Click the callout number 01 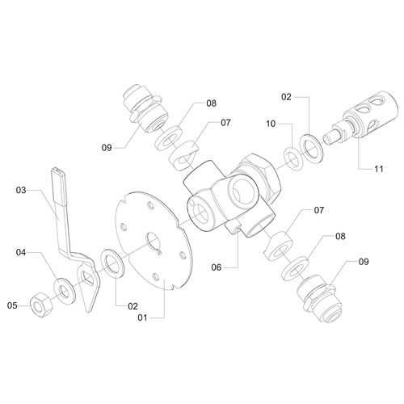[x=142, y=318]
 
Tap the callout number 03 [x=21, y=190]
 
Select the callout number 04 [x=21, y=252]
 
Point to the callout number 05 [x=12, y=305]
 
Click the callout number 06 [x=217, y=267]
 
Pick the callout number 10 [x=271, y=124]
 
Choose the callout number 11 [x=379, y=169]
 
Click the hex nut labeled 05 [x=42, y=305]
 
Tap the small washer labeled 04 [x=65, y=292]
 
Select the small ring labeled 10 [x=293, y=159]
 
